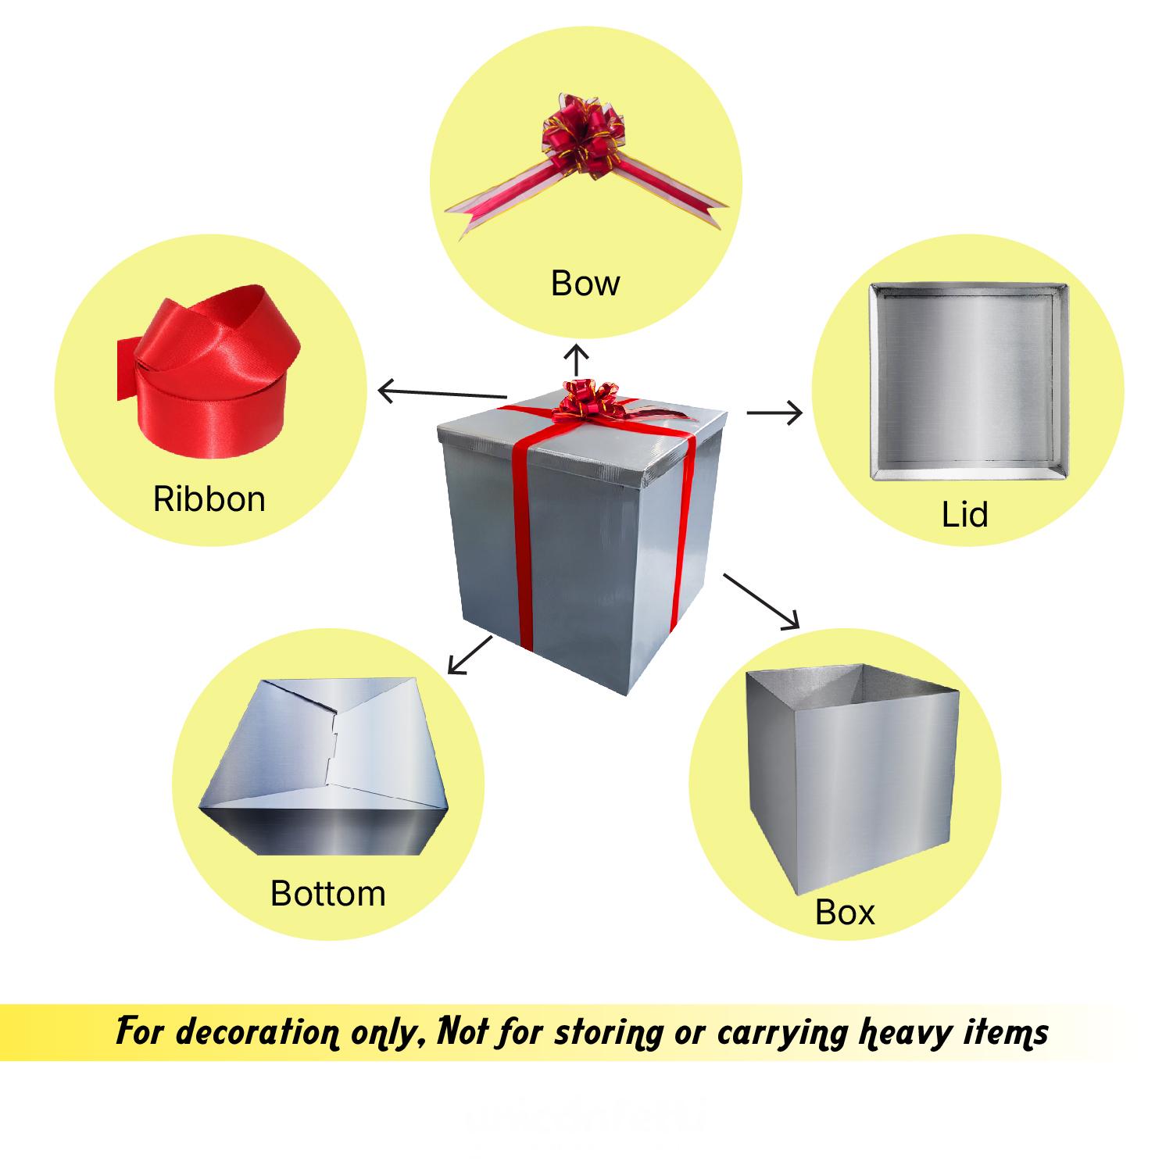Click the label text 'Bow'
click(585, 283)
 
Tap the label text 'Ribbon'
click(209, 499)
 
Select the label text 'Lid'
click(964, 514)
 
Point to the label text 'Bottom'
click(327, 893)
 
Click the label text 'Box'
click(845, 912)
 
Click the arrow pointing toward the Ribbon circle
click(442, 393)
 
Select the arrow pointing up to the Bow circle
click(577, 359)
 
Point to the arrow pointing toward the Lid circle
click(774, 412)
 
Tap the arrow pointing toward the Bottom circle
click(470, 655)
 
